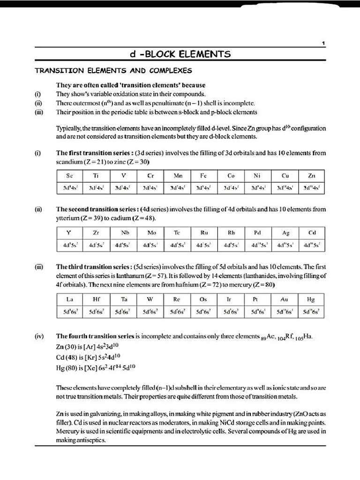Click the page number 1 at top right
pyautogui.click(x=323, y=43)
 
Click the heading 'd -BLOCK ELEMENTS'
pyautogui.click(x=180, y=54)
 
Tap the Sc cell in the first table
pyautogui.click(x=69, y=176)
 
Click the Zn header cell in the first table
pyautogui.click(x=312, y=176)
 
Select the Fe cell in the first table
pyautogui.click(x=203, y=176)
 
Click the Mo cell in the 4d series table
pyautogui.click(x=151, y=232)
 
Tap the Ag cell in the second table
pyautogui.click(x=285, y=232)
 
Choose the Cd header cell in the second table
pyautogui.click(x=312, y=232)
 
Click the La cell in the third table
pyautogui.click(x=69, y=299)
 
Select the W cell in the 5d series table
pyautogui.click(x=150, y=299)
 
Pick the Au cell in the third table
pyautogui.click(x=284, y=299)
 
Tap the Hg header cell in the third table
pyautogui.click(x=311, y=299)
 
